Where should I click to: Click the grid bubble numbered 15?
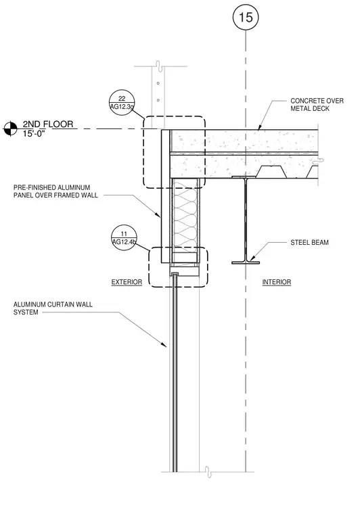pyautogui.click(x=246, y=17)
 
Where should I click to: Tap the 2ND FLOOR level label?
pyautogui.click(x=48, y=124)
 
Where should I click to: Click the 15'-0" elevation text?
pyautogui.click(x=34, y=134)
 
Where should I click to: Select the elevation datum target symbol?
pyautogui.click(x=10, y=128)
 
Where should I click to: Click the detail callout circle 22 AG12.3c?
pyautogui.click(x=122, y=102)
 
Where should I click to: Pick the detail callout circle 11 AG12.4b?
pyautogui.click(x=124, y=238)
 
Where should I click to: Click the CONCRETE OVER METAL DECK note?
pyautogui.click(x=317, y=105)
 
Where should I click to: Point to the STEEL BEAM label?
pyautogui.click(x=309, y=243)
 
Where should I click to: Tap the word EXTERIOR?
pyautogui.click(x=127, y=282)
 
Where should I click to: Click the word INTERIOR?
pyautogui.click(x=276, y=282)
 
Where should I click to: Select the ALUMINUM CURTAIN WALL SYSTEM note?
pyautogui.click(x=53, y=308)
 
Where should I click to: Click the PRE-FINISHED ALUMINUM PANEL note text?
pyautogui.click(x=55, y=191)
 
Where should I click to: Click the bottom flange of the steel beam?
pyautogui.click(x=246, y=262)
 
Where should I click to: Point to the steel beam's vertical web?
pyautogui.click(x=246, y=220)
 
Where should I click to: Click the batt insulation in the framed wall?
pyautogui.click(x=185, y=216)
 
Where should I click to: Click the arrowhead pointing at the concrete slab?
pyautogui.click(x=259, y=127)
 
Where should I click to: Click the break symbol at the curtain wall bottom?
pyautogui.click(x=208, y=471)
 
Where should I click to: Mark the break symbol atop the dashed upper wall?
pyautogui.click(x=158, y=66)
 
